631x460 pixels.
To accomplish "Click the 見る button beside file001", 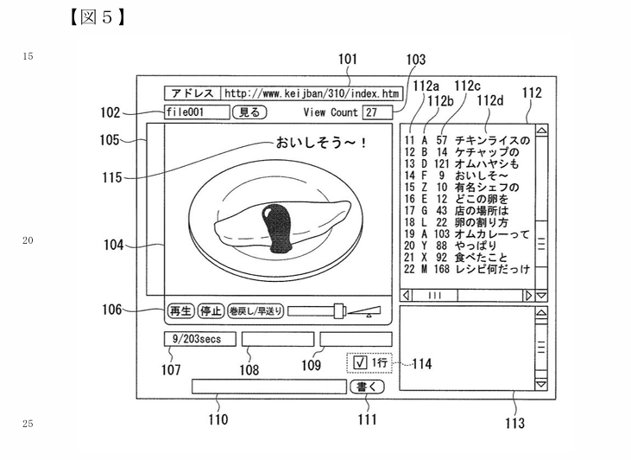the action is tap(249, 112).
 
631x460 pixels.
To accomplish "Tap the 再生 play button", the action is tap(180, 310).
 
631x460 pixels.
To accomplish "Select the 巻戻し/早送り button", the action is tap(256, 310).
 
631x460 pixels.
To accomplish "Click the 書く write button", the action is tap(367, 387).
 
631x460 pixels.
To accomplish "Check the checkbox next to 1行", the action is tap(360, 362).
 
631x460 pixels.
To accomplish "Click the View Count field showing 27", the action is tap(377, 112).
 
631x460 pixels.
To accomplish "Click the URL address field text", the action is tap(312, 93).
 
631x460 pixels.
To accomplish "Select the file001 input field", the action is tap(197, 112).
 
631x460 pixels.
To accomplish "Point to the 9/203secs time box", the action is tap(199, 339).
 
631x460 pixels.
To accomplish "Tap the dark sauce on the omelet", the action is tap(277, 228).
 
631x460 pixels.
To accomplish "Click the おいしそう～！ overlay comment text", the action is tap(321, 143).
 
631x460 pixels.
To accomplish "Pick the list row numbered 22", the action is tap(467, 269).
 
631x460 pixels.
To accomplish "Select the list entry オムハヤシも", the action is tap(487, 163).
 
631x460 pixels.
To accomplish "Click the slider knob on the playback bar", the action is tap(339, 310).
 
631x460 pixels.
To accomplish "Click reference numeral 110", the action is tap(218, 419).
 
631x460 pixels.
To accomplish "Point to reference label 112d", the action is tap(490, 100).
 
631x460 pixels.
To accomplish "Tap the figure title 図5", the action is tap(97, 17).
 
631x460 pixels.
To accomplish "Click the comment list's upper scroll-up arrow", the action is tap(542, 131).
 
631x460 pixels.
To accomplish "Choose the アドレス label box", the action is tap(192, 93).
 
